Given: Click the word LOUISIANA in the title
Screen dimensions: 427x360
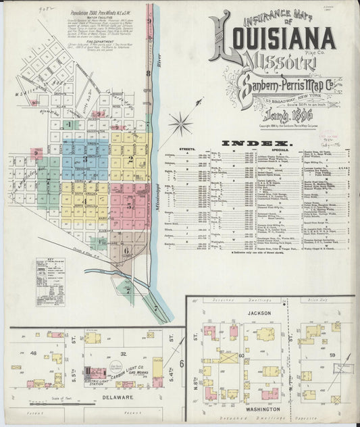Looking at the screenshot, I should [278, 40].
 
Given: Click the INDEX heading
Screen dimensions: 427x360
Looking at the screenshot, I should [256, 143].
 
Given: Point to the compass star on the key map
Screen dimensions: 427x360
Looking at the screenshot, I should [180, 123].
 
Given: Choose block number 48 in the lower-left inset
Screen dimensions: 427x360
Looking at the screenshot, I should [32, 353].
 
